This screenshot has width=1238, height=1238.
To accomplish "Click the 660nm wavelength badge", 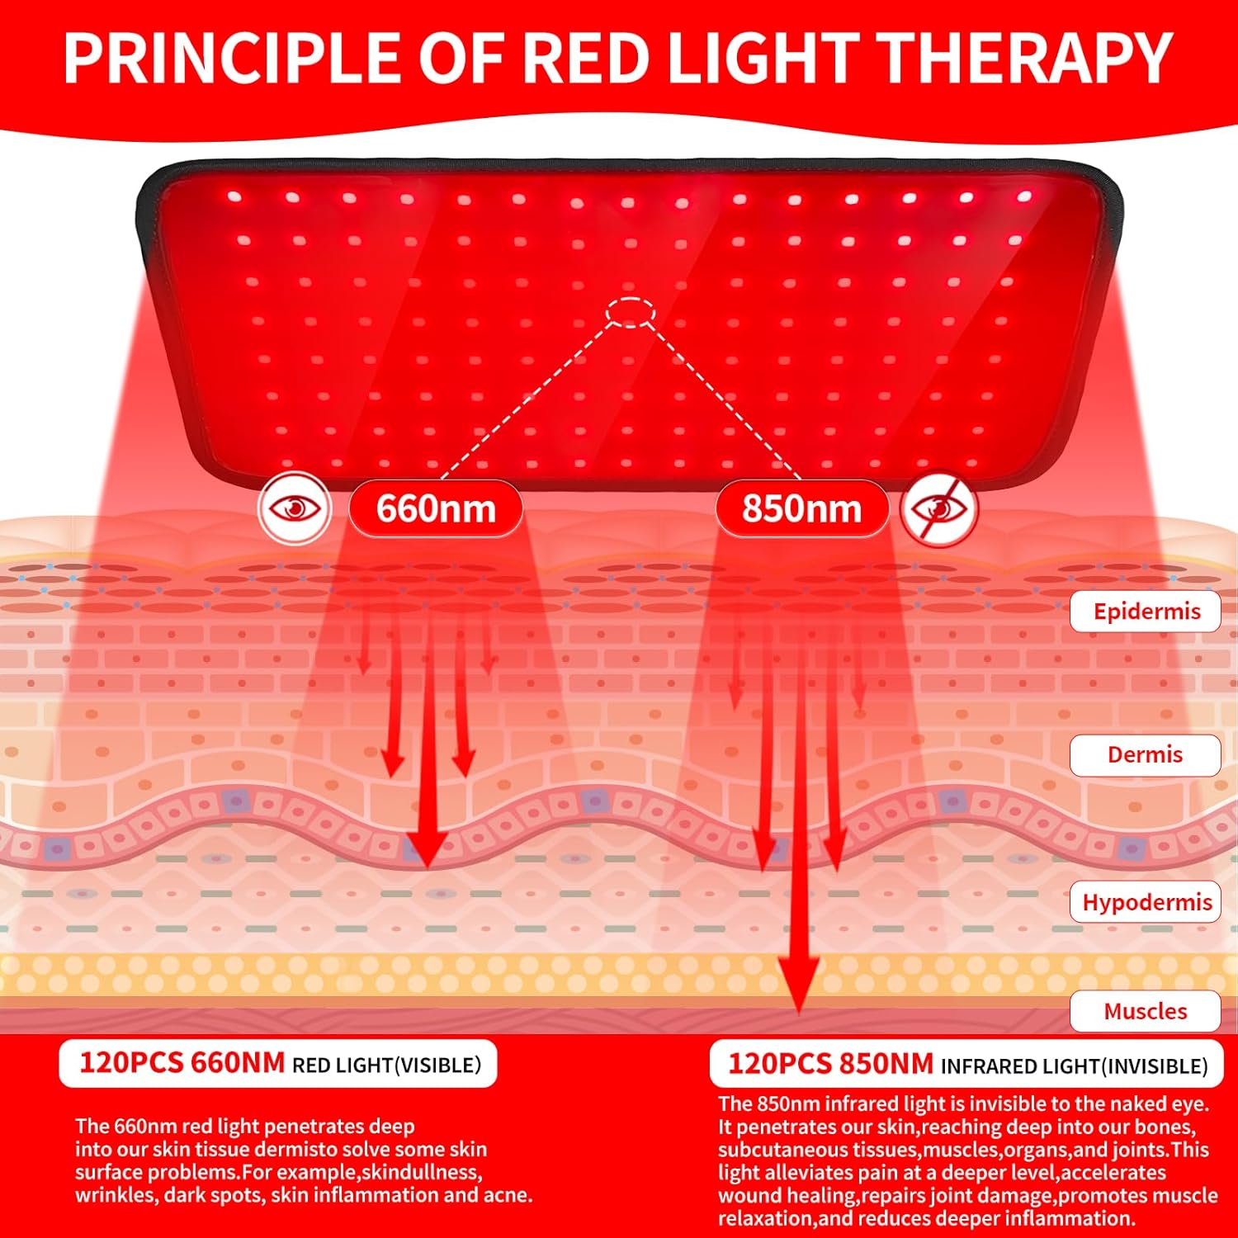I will click(x=436, y=508).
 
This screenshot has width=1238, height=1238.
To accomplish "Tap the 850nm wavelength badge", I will click(x=801, y=508).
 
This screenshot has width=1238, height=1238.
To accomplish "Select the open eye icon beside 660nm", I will click(x=295, y=508).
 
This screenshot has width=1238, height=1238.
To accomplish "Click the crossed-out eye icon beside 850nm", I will click(x=938, y=508).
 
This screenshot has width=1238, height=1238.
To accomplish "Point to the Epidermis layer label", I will click(x=1146, y=612).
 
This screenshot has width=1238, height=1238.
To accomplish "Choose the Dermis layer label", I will click(x=1145, y=754).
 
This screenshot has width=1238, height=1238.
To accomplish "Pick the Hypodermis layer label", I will click(x=1146, y=902).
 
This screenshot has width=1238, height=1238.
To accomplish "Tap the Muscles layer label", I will click(x=1145, y=1011).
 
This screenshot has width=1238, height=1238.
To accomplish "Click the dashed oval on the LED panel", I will click(x=631, y=312).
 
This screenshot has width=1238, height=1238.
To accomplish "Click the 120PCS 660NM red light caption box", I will click(x=278, y=1063).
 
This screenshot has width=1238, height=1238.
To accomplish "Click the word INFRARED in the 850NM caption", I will click(x=991, y=1066).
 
